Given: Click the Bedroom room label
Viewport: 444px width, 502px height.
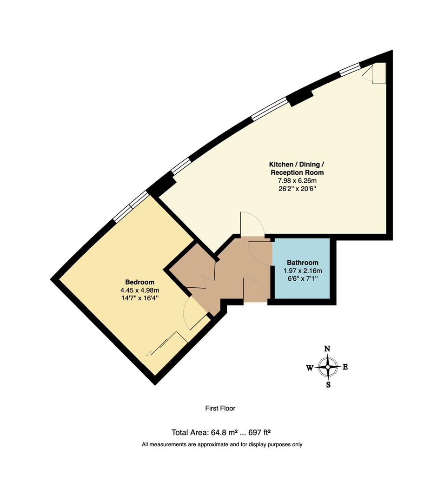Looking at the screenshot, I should pos(139,282).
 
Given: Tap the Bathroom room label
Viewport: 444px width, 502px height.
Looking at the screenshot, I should pos(302,262).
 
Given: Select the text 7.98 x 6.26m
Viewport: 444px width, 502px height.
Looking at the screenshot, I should pos(297,181).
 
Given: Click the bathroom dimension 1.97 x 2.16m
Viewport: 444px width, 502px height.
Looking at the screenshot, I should pos(302,271).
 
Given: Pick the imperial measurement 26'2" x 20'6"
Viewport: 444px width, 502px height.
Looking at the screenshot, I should pos(297,189).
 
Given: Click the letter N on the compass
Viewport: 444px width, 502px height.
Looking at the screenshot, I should pos(327,349).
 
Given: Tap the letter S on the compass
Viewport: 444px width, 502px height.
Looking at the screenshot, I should pos(328,385).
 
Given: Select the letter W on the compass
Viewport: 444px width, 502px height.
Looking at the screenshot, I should pos(309,368).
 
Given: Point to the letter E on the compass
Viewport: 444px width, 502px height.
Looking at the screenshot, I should pos(345,367).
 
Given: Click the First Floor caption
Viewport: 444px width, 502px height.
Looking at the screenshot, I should pos(220,409).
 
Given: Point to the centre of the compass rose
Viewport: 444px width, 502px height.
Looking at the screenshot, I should pos(328,367).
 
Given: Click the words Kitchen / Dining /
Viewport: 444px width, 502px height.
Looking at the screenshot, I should pos(297,165).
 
